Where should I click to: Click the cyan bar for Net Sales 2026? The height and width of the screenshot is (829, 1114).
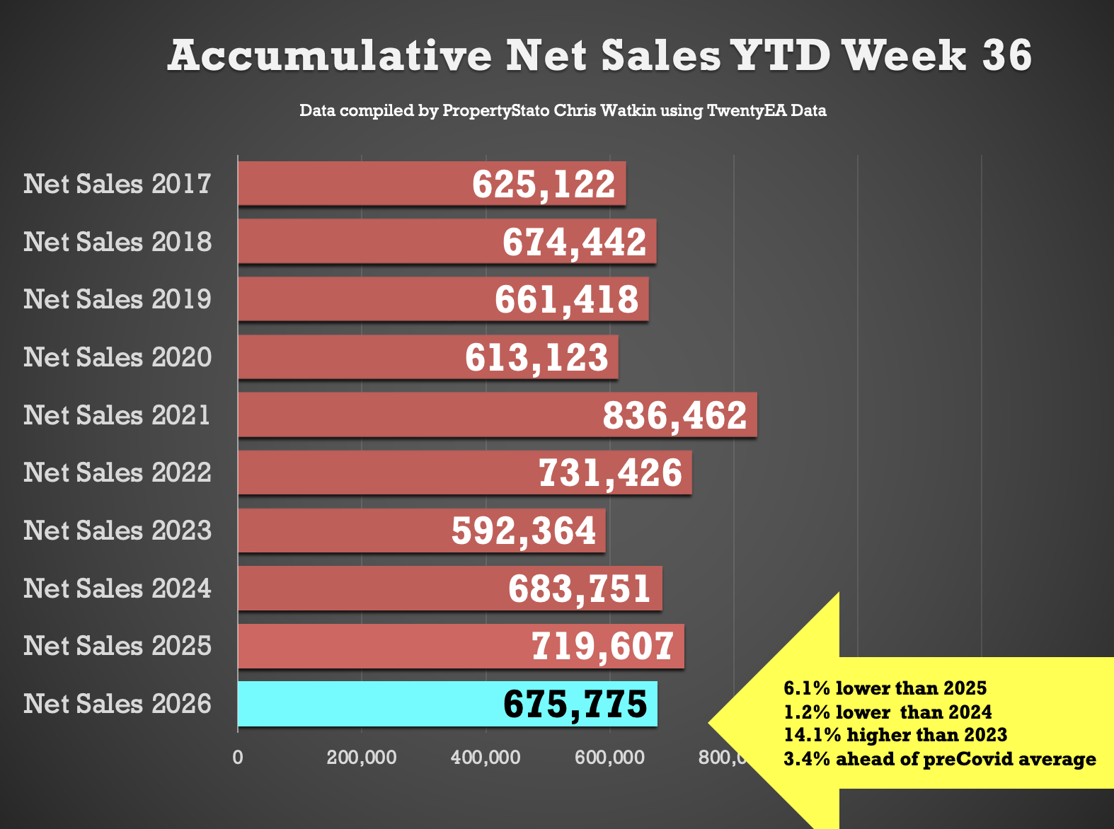pos(447,704)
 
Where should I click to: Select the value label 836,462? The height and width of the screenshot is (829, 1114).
pos(674,416)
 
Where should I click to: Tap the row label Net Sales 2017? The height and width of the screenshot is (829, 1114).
pos(117,184)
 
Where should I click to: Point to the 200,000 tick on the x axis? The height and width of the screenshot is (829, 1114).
pos(362,757)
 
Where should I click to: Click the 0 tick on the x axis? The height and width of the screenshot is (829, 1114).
pos(238,757)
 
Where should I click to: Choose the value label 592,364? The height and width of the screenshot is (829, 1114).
pos(523,531)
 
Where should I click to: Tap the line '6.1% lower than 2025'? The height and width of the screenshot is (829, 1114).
pos(885,688)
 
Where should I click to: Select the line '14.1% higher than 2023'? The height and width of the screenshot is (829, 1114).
pos(895,735)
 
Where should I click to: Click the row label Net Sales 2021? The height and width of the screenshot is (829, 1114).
pos(117,415)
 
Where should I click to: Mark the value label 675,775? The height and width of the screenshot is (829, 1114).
pos(575,704)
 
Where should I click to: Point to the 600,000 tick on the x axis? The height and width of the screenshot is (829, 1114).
pos(610,757)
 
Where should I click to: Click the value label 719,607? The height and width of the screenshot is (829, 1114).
pos(603,647)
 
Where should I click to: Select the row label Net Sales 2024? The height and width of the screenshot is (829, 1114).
pos(117,589)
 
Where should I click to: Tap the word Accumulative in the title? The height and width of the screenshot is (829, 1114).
pos(330,55)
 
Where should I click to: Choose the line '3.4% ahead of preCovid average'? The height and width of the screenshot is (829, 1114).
pos(940,759)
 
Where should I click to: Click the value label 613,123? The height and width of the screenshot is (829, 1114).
pos(536,357)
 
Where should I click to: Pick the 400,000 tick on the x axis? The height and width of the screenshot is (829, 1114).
pos(486,757)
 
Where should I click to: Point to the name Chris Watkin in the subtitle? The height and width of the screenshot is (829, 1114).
pos(604,110)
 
